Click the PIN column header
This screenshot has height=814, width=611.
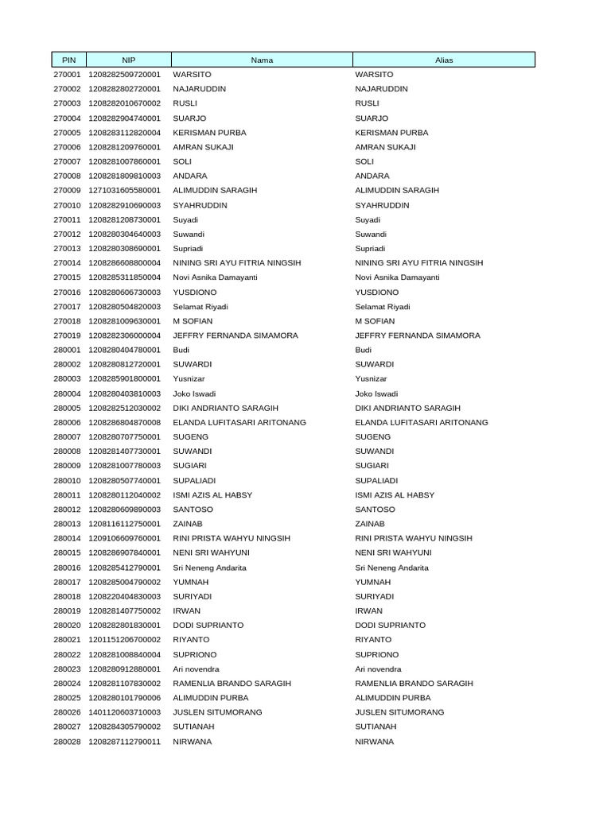[x=67, y=60]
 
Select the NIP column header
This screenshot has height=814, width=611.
[x=129, y=60]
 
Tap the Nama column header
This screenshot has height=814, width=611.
[x=262, y=60]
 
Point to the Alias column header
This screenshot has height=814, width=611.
[x=444, y=60]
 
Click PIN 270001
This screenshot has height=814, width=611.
[x=67, y=75]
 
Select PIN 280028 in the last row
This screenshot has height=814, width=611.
[x=67, y=742]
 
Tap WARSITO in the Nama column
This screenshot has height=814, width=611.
[x=190, y=75]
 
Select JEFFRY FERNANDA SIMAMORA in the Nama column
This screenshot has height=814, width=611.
[x=235, y=335]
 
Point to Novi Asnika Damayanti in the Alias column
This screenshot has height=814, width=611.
[x=397, y=277]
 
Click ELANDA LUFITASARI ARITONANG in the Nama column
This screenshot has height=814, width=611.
[x=239, y=422]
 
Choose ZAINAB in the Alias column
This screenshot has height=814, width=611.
[x=370, y=524]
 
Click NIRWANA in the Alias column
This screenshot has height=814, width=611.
[x=374, y=742]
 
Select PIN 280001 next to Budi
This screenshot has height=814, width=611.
[x=67, y=350]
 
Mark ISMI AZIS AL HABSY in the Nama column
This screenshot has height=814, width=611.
[x=212, y=495]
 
